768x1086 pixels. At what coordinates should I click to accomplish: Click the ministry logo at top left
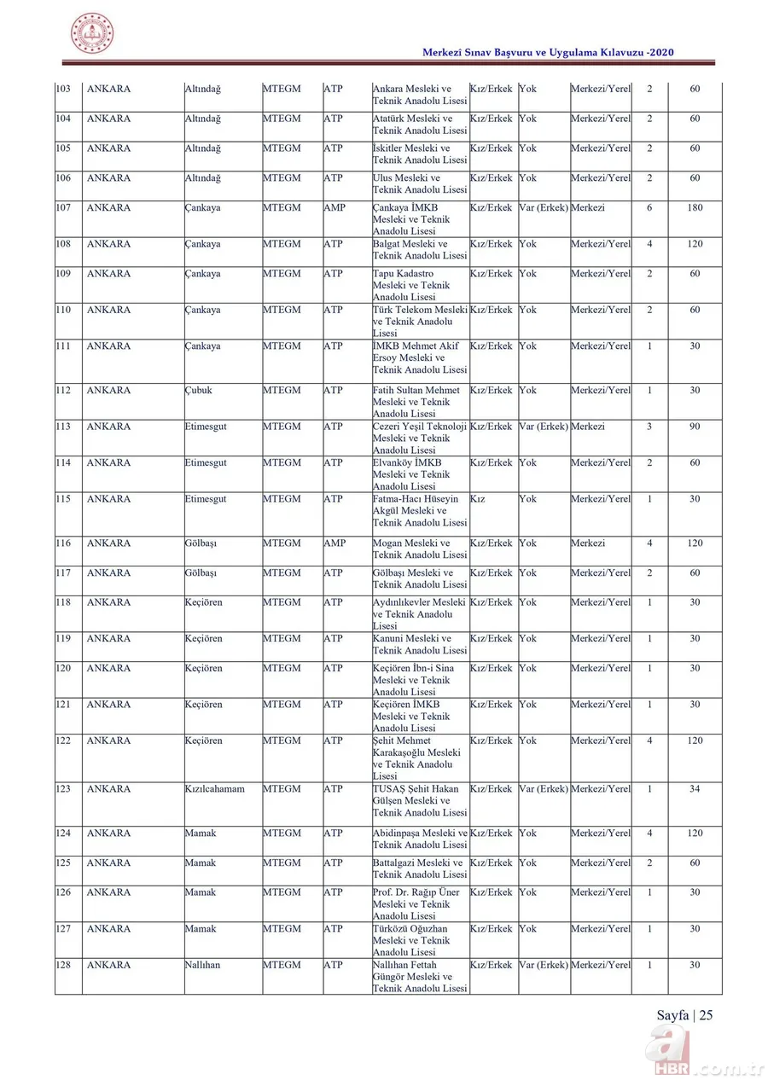91,34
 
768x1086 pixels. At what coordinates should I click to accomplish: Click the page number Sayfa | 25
684,1014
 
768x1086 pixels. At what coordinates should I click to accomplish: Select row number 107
63,208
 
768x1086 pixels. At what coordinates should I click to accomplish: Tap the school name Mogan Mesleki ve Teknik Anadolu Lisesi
420,549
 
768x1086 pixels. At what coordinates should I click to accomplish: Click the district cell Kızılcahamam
214,789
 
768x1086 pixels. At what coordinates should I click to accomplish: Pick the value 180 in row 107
695,208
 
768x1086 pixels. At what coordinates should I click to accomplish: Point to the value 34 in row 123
695,789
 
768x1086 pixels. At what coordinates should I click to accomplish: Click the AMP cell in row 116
335,543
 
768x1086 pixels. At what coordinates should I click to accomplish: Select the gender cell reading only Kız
477,499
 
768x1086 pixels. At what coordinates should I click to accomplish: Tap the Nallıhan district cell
202,966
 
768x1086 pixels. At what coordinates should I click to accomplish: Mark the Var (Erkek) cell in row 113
544,427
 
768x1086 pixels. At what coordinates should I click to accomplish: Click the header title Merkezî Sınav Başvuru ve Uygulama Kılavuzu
549,53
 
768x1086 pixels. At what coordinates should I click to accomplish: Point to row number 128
63,966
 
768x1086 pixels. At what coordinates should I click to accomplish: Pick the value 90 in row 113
695,427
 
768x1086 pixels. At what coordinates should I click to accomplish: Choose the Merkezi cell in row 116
588,543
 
